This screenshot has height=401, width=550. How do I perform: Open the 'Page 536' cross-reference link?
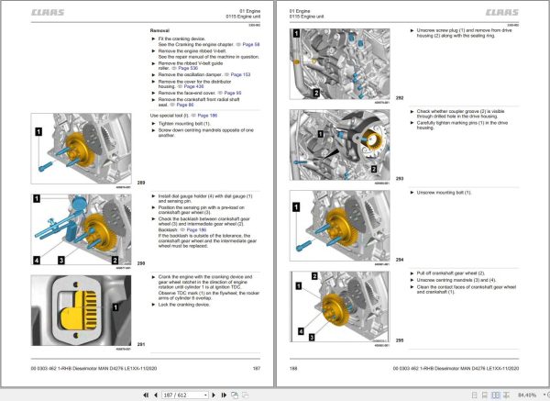[184, 67]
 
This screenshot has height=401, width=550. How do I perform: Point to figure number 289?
[141, 183]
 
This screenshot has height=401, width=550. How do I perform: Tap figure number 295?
[400, 340]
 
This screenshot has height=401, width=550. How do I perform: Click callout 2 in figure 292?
[315, 93]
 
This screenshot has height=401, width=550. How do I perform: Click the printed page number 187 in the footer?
[257, 369]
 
